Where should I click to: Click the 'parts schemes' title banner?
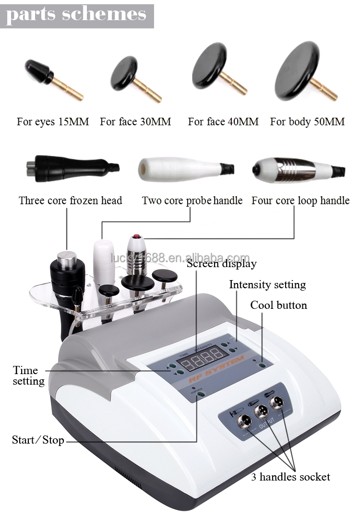click(x=76, y=15)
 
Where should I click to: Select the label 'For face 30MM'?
click(x=135, y=122)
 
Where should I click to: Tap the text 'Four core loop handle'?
click(x=300, y=200)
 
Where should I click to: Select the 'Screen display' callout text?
click(x=222, y=263)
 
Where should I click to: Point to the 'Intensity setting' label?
click(x=267, y=284)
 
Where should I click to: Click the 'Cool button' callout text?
click(x=279, y=305)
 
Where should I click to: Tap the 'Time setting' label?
click(x=28, y=376)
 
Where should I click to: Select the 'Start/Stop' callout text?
click(x=38, y=440)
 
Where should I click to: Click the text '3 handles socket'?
click(x=291, y=477)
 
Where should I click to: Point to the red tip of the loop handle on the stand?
click(x=136, y=237)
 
